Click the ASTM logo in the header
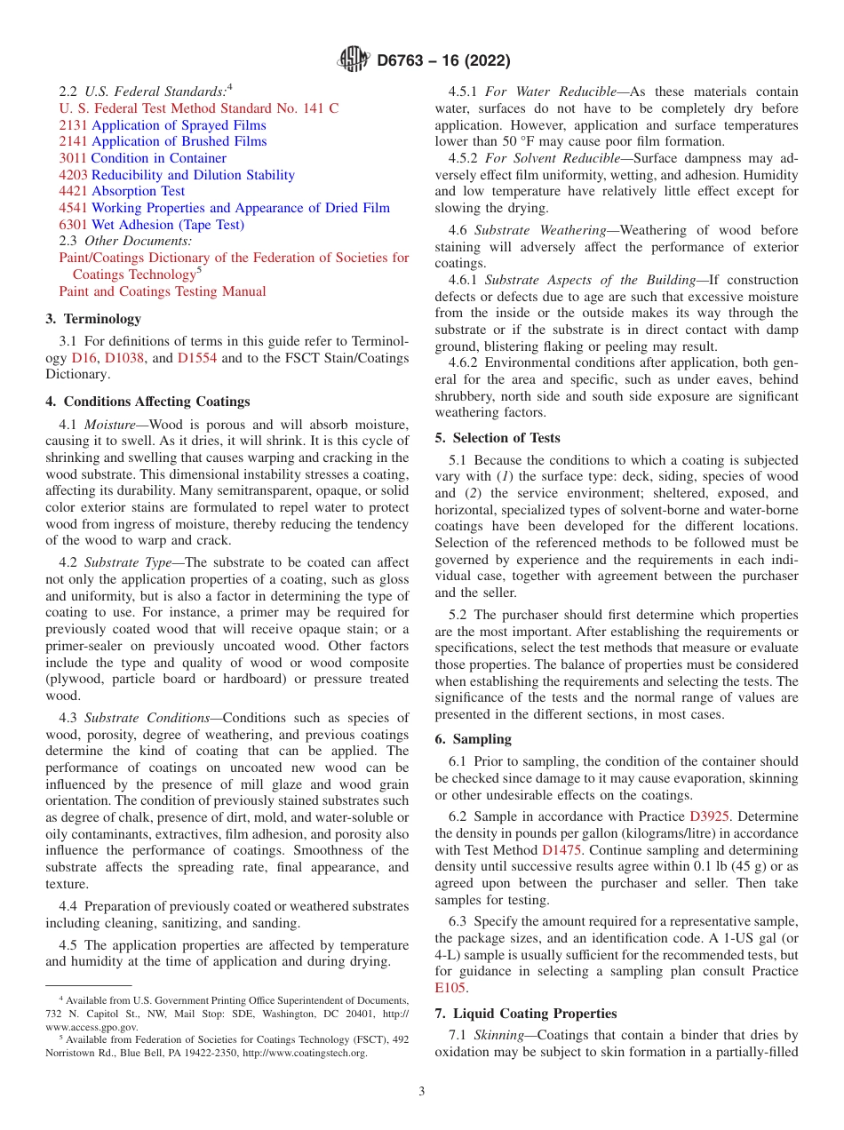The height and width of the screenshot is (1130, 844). coord(354,60)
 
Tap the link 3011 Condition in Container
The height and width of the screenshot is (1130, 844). coord(142,158)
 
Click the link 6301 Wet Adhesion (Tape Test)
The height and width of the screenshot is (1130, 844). coord(151,225)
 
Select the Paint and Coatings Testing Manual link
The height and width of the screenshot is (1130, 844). coord(162,291)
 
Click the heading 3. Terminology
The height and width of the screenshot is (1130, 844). coord(93,319)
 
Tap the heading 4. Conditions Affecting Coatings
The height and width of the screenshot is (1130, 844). coord(147,402)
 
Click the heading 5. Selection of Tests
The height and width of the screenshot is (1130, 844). coord(498,438)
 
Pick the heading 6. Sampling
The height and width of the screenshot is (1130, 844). coord(474,739)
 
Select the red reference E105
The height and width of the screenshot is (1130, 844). coord(450,987)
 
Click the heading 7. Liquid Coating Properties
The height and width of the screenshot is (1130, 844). coord(526,1014)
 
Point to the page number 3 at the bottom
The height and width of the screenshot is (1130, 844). coord(422,1092)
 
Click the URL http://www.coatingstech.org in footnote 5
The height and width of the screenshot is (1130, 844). coord(304,1053)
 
